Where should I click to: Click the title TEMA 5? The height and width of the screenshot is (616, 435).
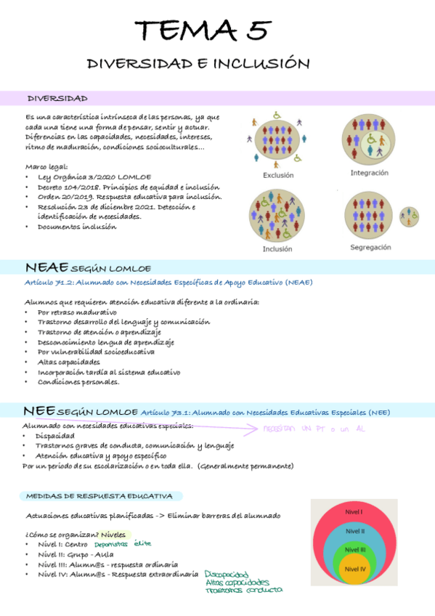tap(203, 31)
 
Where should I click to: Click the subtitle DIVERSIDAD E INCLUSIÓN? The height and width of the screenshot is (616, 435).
tap(198, 64)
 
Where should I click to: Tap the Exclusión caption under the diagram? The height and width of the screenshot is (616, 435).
tap(278, 175)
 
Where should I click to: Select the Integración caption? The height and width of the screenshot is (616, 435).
tap(369, 173)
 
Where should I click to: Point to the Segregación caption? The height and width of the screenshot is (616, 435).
tap(370, 247)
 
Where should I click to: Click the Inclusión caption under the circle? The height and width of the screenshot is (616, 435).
tap(277, 248)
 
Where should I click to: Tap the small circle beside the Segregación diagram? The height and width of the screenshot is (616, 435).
tap(409, 216)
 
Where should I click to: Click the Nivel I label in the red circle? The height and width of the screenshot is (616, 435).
tap(354, 512)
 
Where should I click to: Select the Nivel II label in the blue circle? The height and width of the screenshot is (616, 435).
tap(354, 531)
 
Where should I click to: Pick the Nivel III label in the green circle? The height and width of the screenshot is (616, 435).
tap(354, 550)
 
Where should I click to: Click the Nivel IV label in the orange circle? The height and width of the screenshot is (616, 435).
tap(354, 569)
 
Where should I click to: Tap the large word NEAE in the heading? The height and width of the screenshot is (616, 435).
tap(46, 267)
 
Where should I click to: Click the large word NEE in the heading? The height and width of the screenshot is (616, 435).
tap(38, 411)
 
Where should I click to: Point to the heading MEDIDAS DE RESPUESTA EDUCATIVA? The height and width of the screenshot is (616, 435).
tap(99, 496)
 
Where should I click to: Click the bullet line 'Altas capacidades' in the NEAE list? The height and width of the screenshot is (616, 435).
tap(69, 362)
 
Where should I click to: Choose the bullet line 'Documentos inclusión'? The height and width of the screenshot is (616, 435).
tap(76, 227)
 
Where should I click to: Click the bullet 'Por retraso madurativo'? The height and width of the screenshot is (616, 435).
tap(77, 312)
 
